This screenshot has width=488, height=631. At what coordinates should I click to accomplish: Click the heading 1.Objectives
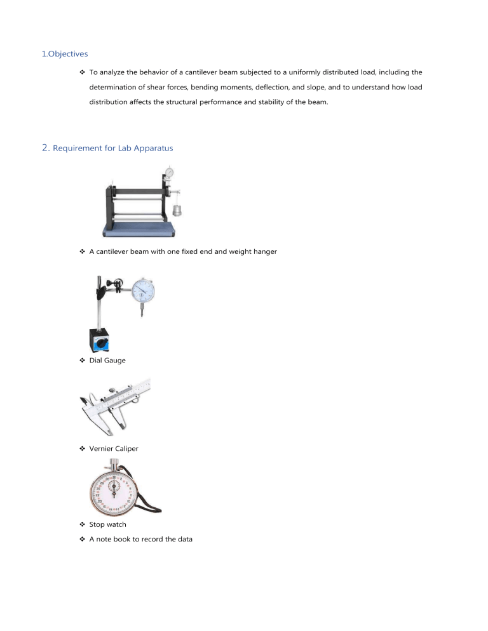coord(65,55)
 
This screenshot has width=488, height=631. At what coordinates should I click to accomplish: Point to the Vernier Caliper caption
coord(115,448)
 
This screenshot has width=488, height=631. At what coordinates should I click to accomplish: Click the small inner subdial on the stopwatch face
coord(115,487)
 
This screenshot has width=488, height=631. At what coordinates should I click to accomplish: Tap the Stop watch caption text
coord(108,525)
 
